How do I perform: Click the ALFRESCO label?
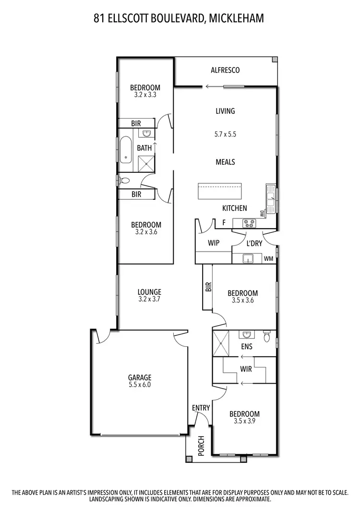[x=225, y=71]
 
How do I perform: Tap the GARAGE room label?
[x=139, y=377]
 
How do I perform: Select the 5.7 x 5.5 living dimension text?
[x=225, y=135]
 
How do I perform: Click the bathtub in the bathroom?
[x=126, y=149]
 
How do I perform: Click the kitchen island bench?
[x=220, y=191]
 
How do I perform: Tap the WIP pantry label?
[x=213, y=243]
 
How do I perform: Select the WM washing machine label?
[x=269, y=259]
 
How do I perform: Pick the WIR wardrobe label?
[x=246, y=370]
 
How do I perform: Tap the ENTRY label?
[x=201, y=408]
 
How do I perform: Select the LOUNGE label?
[x=149, y=292]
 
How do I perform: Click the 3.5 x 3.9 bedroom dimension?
[x=244, y=422]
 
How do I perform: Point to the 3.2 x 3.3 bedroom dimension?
[x=145, y=95]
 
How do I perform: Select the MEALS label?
[x=225, y=162]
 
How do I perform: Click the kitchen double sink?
[x=271, y=199]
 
